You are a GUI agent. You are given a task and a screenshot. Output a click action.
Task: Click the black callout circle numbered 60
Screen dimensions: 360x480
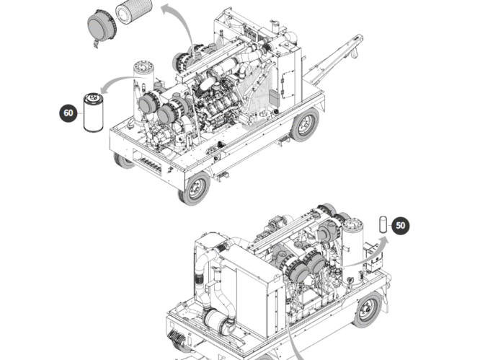pos(68,113)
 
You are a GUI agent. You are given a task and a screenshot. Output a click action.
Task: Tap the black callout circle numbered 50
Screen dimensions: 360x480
pos(401,225)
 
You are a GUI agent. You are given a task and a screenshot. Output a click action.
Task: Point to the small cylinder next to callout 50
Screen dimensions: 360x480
pos(383,224)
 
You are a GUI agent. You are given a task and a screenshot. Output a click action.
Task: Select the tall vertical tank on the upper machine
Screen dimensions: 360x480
pos(141,83)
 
